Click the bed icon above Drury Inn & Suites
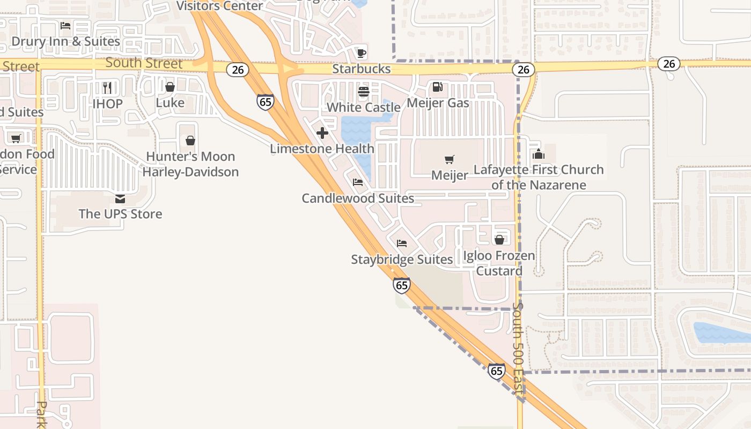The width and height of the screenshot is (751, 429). click(65, 26)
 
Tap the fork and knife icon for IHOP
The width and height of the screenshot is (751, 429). click(107, 87)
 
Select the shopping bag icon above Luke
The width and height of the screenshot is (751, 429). click(170, 87)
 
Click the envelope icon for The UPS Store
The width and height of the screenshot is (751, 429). click(120, 199)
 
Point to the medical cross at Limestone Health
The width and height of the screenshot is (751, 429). click(322, 133)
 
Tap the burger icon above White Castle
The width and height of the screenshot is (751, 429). click(364, 92)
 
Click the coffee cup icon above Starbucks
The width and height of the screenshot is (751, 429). click(362, 53)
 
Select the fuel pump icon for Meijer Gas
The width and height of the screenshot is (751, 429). click(438, 87)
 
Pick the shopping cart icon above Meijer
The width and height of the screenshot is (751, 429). click(450, 159)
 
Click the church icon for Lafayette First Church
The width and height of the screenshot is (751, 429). click(539, 154)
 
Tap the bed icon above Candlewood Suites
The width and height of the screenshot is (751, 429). click(358, 182)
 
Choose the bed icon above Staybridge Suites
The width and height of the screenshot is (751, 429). click(402, 243)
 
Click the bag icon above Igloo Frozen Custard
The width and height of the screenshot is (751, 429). click(499, 240)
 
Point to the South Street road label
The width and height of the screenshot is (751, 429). click(144, 63)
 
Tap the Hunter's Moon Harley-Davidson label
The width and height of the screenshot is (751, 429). click(190, 164)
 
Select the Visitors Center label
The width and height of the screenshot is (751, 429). click(219, 6)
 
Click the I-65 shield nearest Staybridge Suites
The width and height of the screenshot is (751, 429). click(401, 285)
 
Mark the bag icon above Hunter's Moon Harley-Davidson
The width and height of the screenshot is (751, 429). click(190, 141)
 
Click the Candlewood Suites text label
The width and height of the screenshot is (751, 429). click(358, 198)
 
